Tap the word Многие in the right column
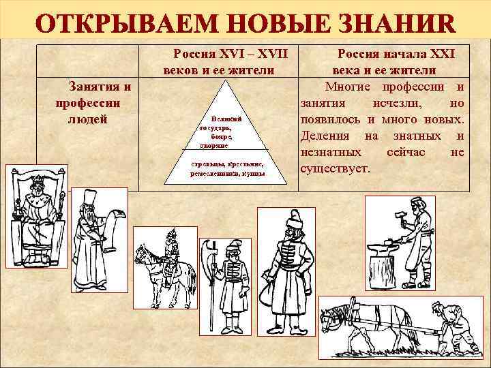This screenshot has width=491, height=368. pos(348,87)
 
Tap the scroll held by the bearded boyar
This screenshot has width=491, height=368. pos(112,225)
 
